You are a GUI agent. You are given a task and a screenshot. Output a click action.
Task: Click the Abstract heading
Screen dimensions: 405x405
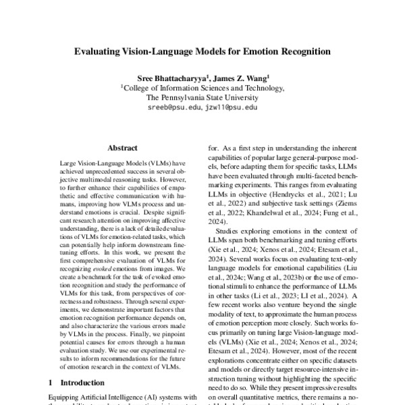click(122, 148)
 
